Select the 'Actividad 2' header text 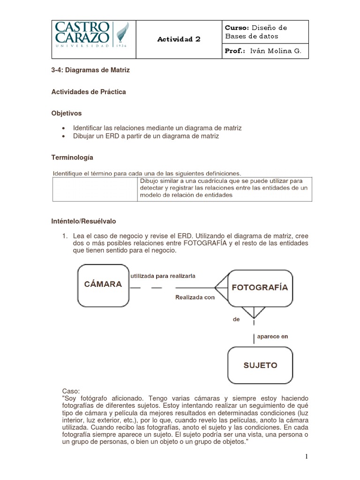coord(178,39)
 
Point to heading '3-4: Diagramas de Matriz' coord(90,70)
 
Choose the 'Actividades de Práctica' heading coord(88,92)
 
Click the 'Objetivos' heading coord(66,113)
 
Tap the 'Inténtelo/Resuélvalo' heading coord(83,221)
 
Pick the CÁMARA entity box coord(103,284)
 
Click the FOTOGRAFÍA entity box coord(260,287)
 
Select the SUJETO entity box coord(260,365)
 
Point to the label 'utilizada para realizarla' coord(163,276)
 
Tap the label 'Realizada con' coord(195,297)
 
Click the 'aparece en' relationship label coord(272,336)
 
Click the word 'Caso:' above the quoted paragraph coord(71,391)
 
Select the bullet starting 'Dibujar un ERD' coord(146,136)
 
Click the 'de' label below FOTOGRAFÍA coord(236,319)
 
